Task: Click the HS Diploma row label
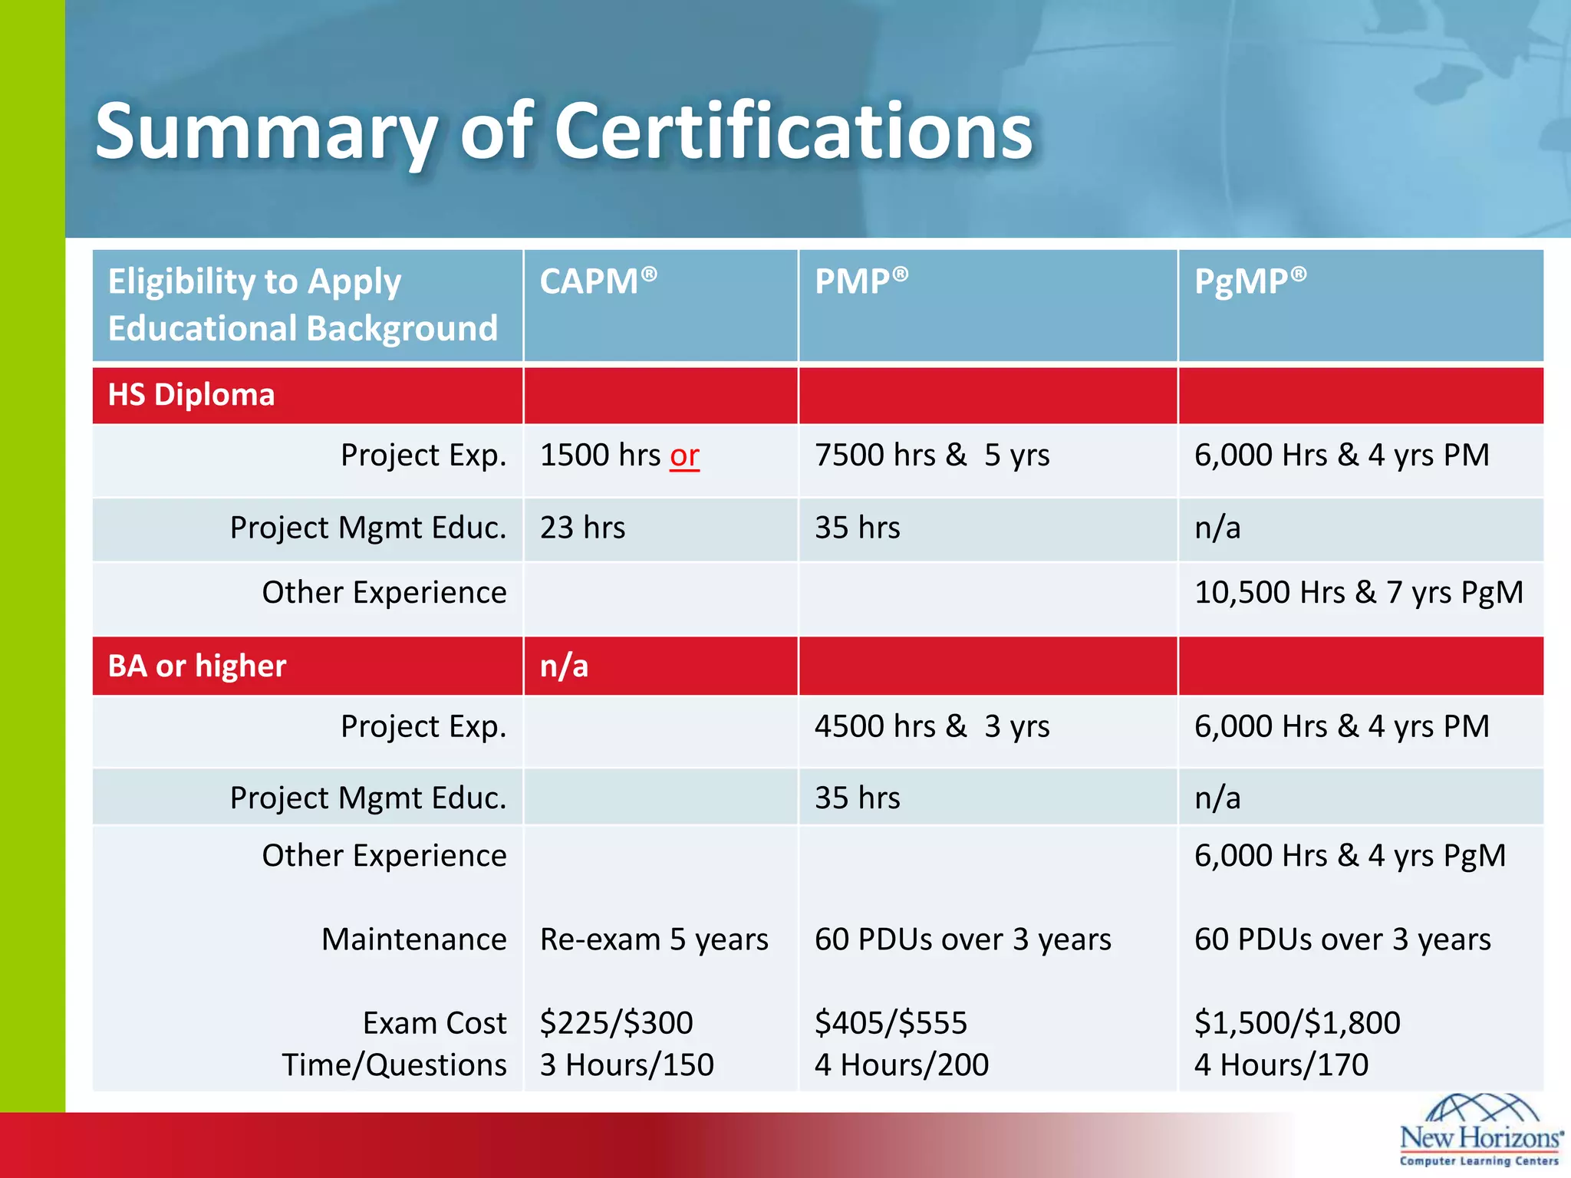click(191, 395)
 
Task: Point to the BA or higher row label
click(197, 666)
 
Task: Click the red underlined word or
click(684, 456)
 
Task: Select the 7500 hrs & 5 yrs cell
click(932, 455)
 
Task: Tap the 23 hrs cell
click(582, 528)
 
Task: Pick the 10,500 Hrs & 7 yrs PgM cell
click(1359, 592)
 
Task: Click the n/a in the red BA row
click(564, 666)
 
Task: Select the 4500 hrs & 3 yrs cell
click(932, 726)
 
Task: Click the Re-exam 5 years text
click(654, 939)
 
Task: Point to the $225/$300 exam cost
click(616, 1022)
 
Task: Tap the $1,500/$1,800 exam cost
click(1297, 1022)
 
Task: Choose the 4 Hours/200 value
click(901, 1064)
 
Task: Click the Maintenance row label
click(413, 939)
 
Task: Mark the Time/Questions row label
click(394, 1064)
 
